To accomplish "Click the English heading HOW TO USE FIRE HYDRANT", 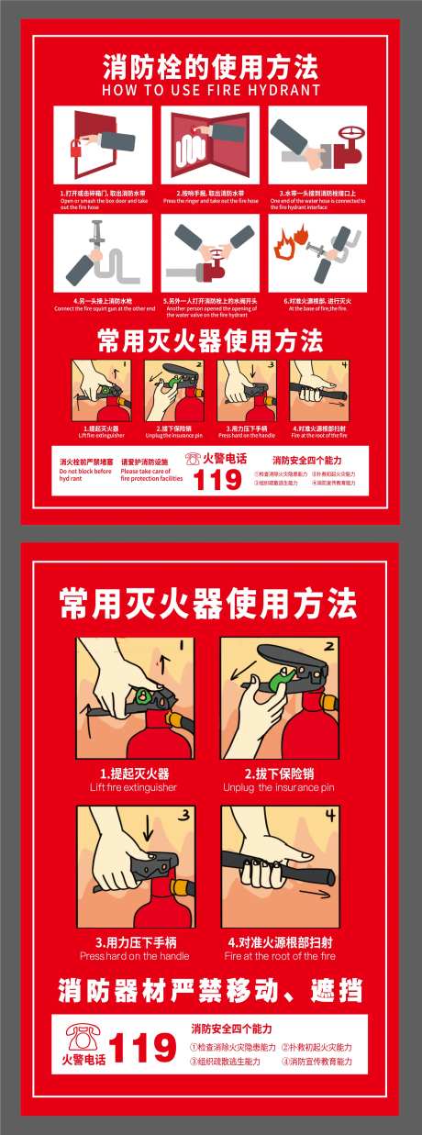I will [x=211, y=91].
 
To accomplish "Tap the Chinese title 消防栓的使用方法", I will [x=211, y=67].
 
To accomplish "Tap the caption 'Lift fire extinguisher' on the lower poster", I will [x=134, y=787].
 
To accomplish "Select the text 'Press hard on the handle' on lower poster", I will [x=134, y=955].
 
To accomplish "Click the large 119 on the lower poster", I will [x=142, y=1048].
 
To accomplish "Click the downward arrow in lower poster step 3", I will [x=146, y=830].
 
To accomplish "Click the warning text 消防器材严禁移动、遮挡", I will [x=210, y=991].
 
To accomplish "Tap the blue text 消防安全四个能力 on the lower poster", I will [x=231, y=1029].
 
